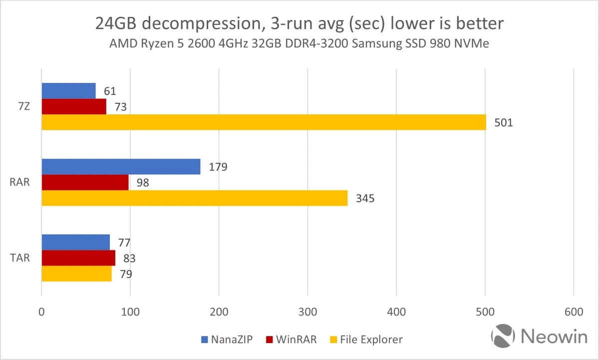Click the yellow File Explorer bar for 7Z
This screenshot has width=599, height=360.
point(264,122)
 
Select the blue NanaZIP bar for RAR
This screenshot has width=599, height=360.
point(121,167)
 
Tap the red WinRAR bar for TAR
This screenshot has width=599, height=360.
point(78,258)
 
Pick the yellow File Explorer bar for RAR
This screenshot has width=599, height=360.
point(194,198)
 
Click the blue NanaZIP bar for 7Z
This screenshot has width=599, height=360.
point(68,91)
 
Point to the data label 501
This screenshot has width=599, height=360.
point(503,123)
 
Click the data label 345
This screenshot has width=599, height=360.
point(365,199)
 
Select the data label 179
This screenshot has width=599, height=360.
point(218,167)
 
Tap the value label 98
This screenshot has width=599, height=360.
point(142,183)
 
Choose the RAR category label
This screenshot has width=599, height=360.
point(20,183)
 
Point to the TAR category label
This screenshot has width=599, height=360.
point(20,259)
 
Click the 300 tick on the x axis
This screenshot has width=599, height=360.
point(307,312)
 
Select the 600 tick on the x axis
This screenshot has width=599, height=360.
point(573,312)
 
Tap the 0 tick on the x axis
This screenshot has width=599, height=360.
point(41,312)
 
